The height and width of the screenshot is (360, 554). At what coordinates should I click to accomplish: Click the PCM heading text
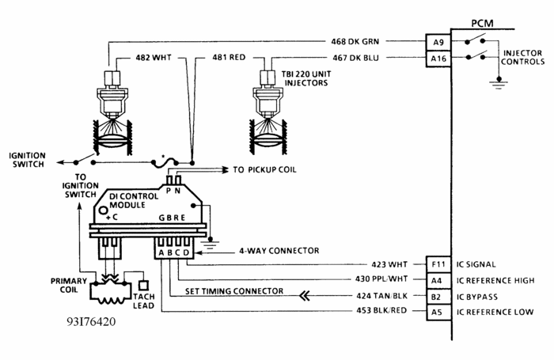482,24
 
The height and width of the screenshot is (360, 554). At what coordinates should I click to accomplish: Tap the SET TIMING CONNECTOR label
234,291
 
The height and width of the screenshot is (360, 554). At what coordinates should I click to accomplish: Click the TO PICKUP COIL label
268,169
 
